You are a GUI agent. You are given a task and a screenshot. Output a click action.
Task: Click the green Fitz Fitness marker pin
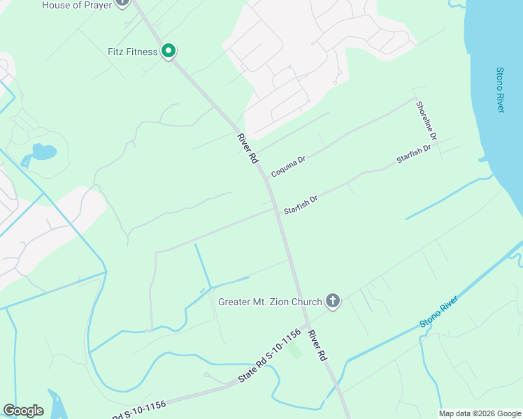pyautogui.click(x=168, y=51)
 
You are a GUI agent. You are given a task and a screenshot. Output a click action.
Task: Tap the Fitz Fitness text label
pyautogui.click(x=133, y=52)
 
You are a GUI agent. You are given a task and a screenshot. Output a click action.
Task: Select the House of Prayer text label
pyautogui.click(x=76, y=5)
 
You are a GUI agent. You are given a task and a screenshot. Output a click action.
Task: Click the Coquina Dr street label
pyautogui.click(x=288, y=166)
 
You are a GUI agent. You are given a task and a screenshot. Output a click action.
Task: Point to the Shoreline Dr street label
pyautogui.click(x=426, y=120)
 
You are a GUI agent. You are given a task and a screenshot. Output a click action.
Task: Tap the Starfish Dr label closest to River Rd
pyautogui.click(x=301, y=205)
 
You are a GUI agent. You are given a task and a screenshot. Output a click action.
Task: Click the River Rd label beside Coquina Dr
pyautogui.click(x=248, y=148)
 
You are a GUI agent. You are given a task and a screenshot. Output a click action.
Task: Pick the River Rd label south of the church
pyautogui.click(x=317, y=345)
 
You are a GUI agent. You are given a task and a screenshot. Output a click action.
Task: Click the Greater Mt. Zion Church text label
pyautogui.click(x=270, y=302)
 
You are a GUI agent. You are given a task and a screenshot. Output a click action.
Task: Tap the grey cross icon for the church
pyautogui.click(x=333, y=302)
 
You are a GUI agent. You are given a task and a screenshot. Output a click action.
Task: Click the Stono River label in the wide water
pyautogui.click(x=500, y=90)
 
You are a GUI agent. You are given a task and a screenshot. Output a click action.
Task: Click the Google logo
pyautogui.click(x=23, y=411)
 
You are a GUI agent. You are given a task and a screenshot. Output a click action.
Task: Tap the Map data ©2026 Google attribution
pyautogui.click(x=480, y=413)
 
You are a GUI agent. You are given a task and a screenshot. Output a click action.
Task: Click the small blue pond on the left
pyautogui.click(x=43, y=152)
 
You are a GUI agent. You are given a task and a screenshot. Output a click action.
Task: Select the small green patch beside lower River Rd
pyautogui.click(x=296, y=351)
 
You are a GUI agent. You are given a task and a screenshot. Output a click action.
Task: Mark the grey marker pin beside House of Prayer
pyautogui.click(x=122, y=2)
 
